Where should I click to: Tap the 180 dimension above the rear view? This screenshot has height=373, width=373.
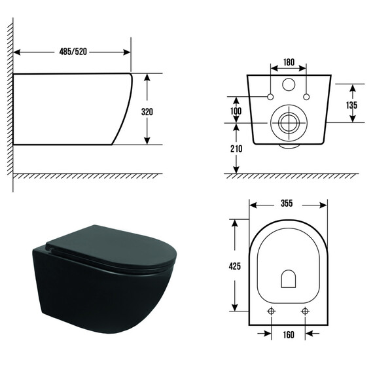(289, 63)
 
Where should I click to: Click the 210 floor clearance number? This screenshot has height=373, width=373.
(236, 149)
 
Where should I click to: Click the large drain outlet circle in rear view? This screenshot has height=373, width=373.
(289, 122)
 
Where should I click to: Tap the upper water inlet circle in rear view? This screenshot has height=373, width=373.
(289, 85)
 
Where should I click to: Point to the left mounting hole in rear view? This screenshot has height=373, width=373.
(270, 98)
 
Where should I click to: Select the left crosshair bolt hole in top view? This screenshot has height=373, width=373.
(273, 311)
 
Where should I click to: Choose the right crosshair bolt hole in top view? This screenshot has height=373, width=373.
(304, 311)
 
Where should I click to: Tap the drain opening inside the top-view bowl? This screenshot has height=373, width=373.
(289, 279)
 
